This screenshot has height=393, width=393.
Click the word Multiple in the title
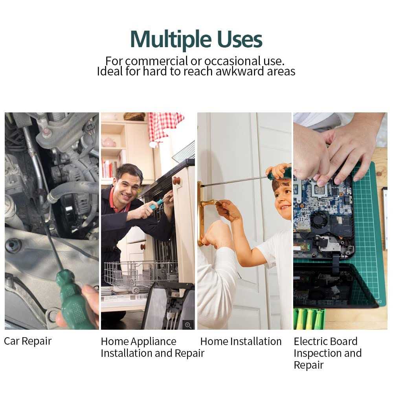click(171, 40)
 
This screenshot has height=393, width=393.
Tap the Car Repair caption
click(28, 341)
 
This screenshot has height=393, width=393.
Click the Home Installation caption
click(241, 342)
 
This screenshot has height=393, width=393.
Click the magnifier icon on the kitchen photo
click(188, 325)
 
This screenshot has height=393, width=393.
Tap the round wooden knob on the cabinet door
click(176, 181)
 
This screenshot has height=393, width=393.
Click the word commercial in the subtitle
click(156, 61)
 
